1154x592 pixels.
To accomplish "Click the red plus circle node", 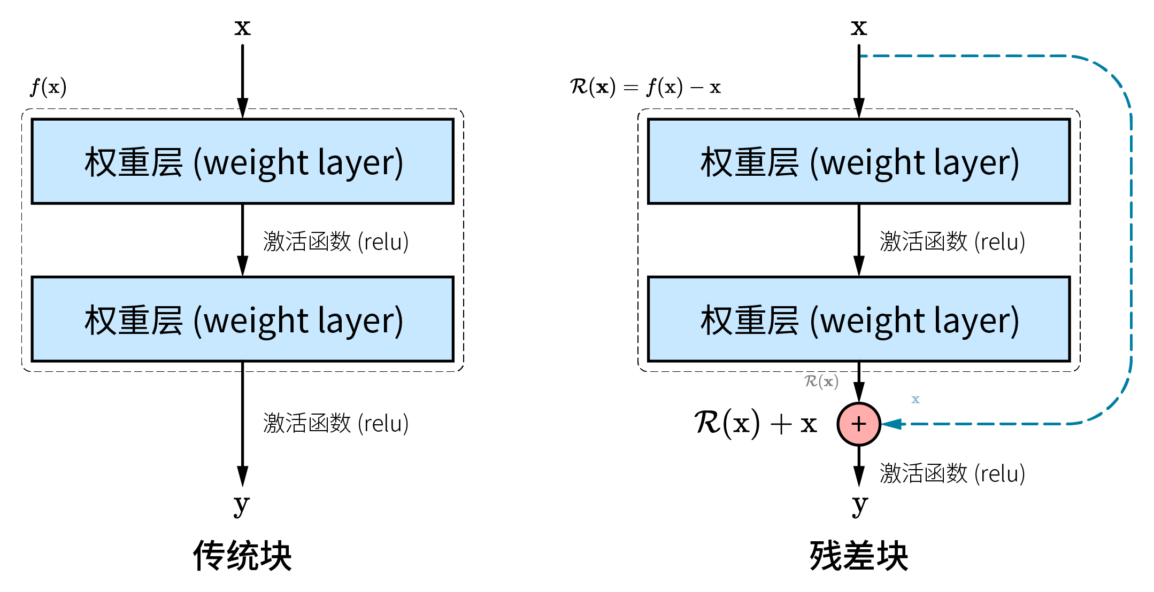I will tap(858, 424).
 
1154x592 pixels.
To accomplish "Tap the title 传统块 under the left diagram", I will tap(242, 556).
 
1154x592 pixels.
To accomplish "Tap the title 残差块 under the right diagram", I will tap(859, 556).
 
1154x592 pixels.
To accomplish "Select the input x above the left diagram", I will tap(242, 27).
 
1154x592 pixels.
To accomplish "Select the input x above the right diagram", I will tap(859, 27).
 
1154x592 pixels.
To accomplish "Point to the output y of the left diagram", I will tap(242, 503).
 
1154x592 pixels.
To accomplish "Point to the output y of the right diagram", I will tap(859, 503).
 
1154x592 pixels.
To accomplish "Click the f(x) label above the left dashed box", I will tap(48, 87).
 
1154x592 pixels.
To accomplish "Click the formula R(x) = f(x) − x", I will tap(645, 87).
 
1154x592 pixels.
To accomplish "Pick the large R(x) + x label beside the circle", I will tap(755, 424).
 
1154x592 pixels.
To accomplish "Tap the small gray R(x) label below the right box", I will tap(821, 381).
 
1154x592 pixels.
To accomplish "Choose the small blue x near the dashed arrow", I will tap(915, 399).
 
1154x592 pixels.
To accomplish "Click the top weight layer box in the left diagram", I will tap(242, 161).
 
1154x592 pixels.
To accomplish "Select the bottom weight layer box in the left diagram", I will tap(242, 319).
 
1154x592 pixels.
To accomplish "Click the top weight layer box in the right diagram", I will tap(859, 161).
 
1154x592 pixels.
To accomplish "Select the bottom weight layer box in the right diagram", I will tap(859, 319).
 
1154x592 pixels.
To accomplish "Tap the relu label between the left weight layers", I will tap(336, 242).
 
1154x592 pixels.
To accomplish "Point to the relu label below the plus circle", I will tap(952, 473).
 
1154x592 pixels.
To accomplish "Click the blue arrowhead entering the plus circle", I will tap(891, 424).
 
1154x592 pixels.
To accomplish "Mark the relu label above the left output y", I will tap(336, 423).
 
